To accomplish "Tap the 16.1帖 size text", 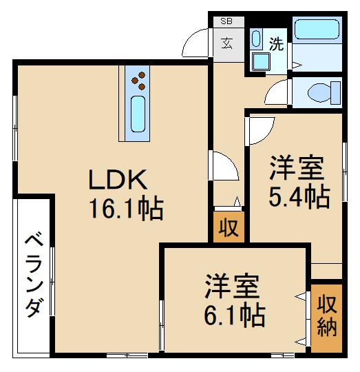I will [x=125, y=207].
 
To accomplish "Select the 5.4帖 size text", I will [x=298, y=198].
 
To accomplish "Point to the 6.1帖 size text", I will [x=234, y=315].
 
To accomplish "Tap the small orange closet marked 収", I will [x=226, y=228].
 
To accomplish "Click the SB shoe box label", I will [x=226, y=21].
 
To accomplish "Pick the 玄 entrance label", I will [x=226, y=43].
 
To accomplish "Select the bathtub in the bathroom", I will [x=316, y=31].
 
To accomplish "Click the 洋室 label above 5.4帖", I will [x=297, y=169].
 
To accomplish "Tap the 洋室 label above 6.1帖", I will [x=231, y=285].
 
